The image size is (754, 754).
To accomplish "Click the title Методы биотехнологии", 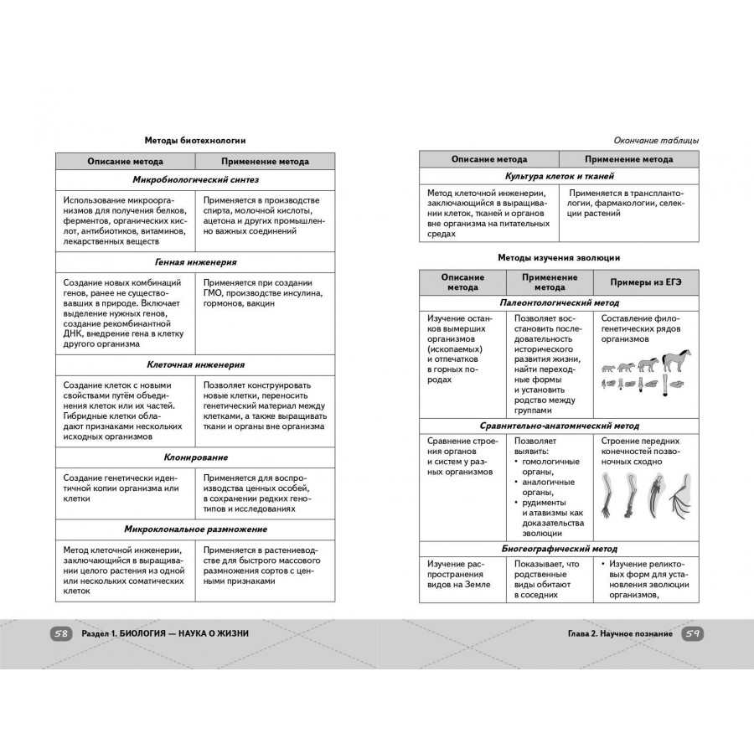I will tap(195, 141).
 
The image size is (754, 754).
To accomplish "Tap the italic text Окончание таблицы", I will tap(656, 141).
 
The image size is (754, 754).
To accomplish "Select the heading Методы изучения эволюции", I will tap(559, 257).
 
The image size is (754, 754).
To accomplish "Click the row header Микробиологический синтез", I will tap(195, 180).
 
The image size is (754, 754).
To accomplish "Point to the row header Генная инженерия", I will tap(195, 262).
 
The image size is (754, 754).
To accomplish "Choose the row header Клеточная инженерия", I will tap(195, 365).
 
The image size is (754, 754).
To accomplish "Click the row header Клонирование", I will tap(195, 457).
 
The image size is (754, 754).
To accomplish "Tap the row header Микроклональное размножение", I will tap(195, 529).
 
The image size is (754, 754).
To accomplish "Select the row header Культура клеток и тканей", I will tap(559, 177).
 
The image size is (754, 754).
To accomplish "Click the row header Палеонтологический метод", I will tap(559, 302).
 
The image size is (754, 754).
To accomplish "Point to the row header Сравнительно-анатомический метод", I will tap(559, 425).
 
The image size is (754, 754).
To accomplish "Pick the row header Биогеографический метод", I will tap(559, 549).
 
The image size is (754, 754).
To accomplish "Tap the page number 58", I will tap(61, 634).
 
